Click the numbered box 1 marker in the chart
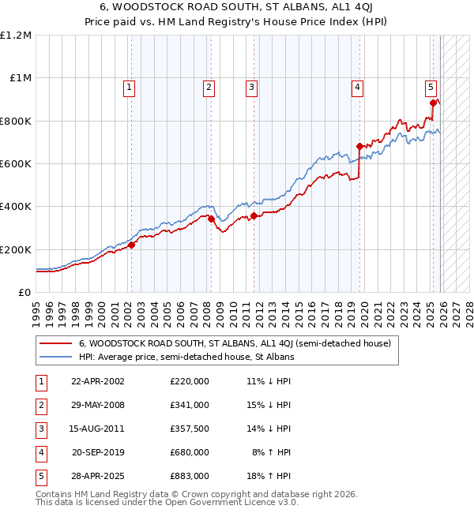pos(129,88)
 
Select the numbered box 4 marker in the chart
pos(357,88)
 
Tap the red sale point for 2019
pos(359,146)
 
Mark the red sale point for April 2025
pos(433,103)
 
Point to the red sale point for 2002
pos(131,245)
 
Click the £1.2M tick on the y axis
pos(16,36)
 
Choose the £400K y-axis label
pos(16,206)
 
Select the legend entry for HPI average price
pos(186,357)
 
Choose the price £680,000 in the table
pos(190,452)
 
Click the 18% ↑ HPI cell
pos(270,476)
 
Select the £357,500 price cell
pos(190,429)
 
